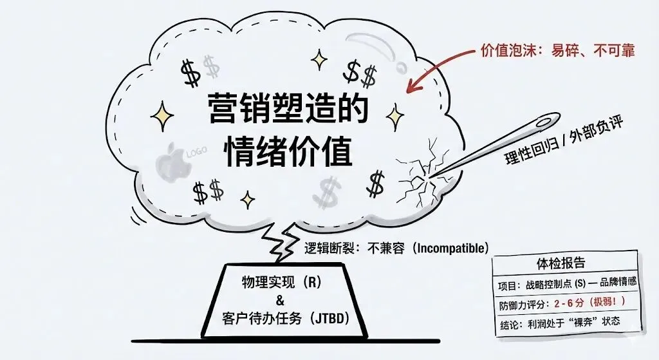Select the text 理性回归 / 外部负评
pos(557,141)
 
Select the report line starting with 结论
pos(559,321)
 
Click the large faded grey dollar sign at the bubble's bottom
pos(328,190)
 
